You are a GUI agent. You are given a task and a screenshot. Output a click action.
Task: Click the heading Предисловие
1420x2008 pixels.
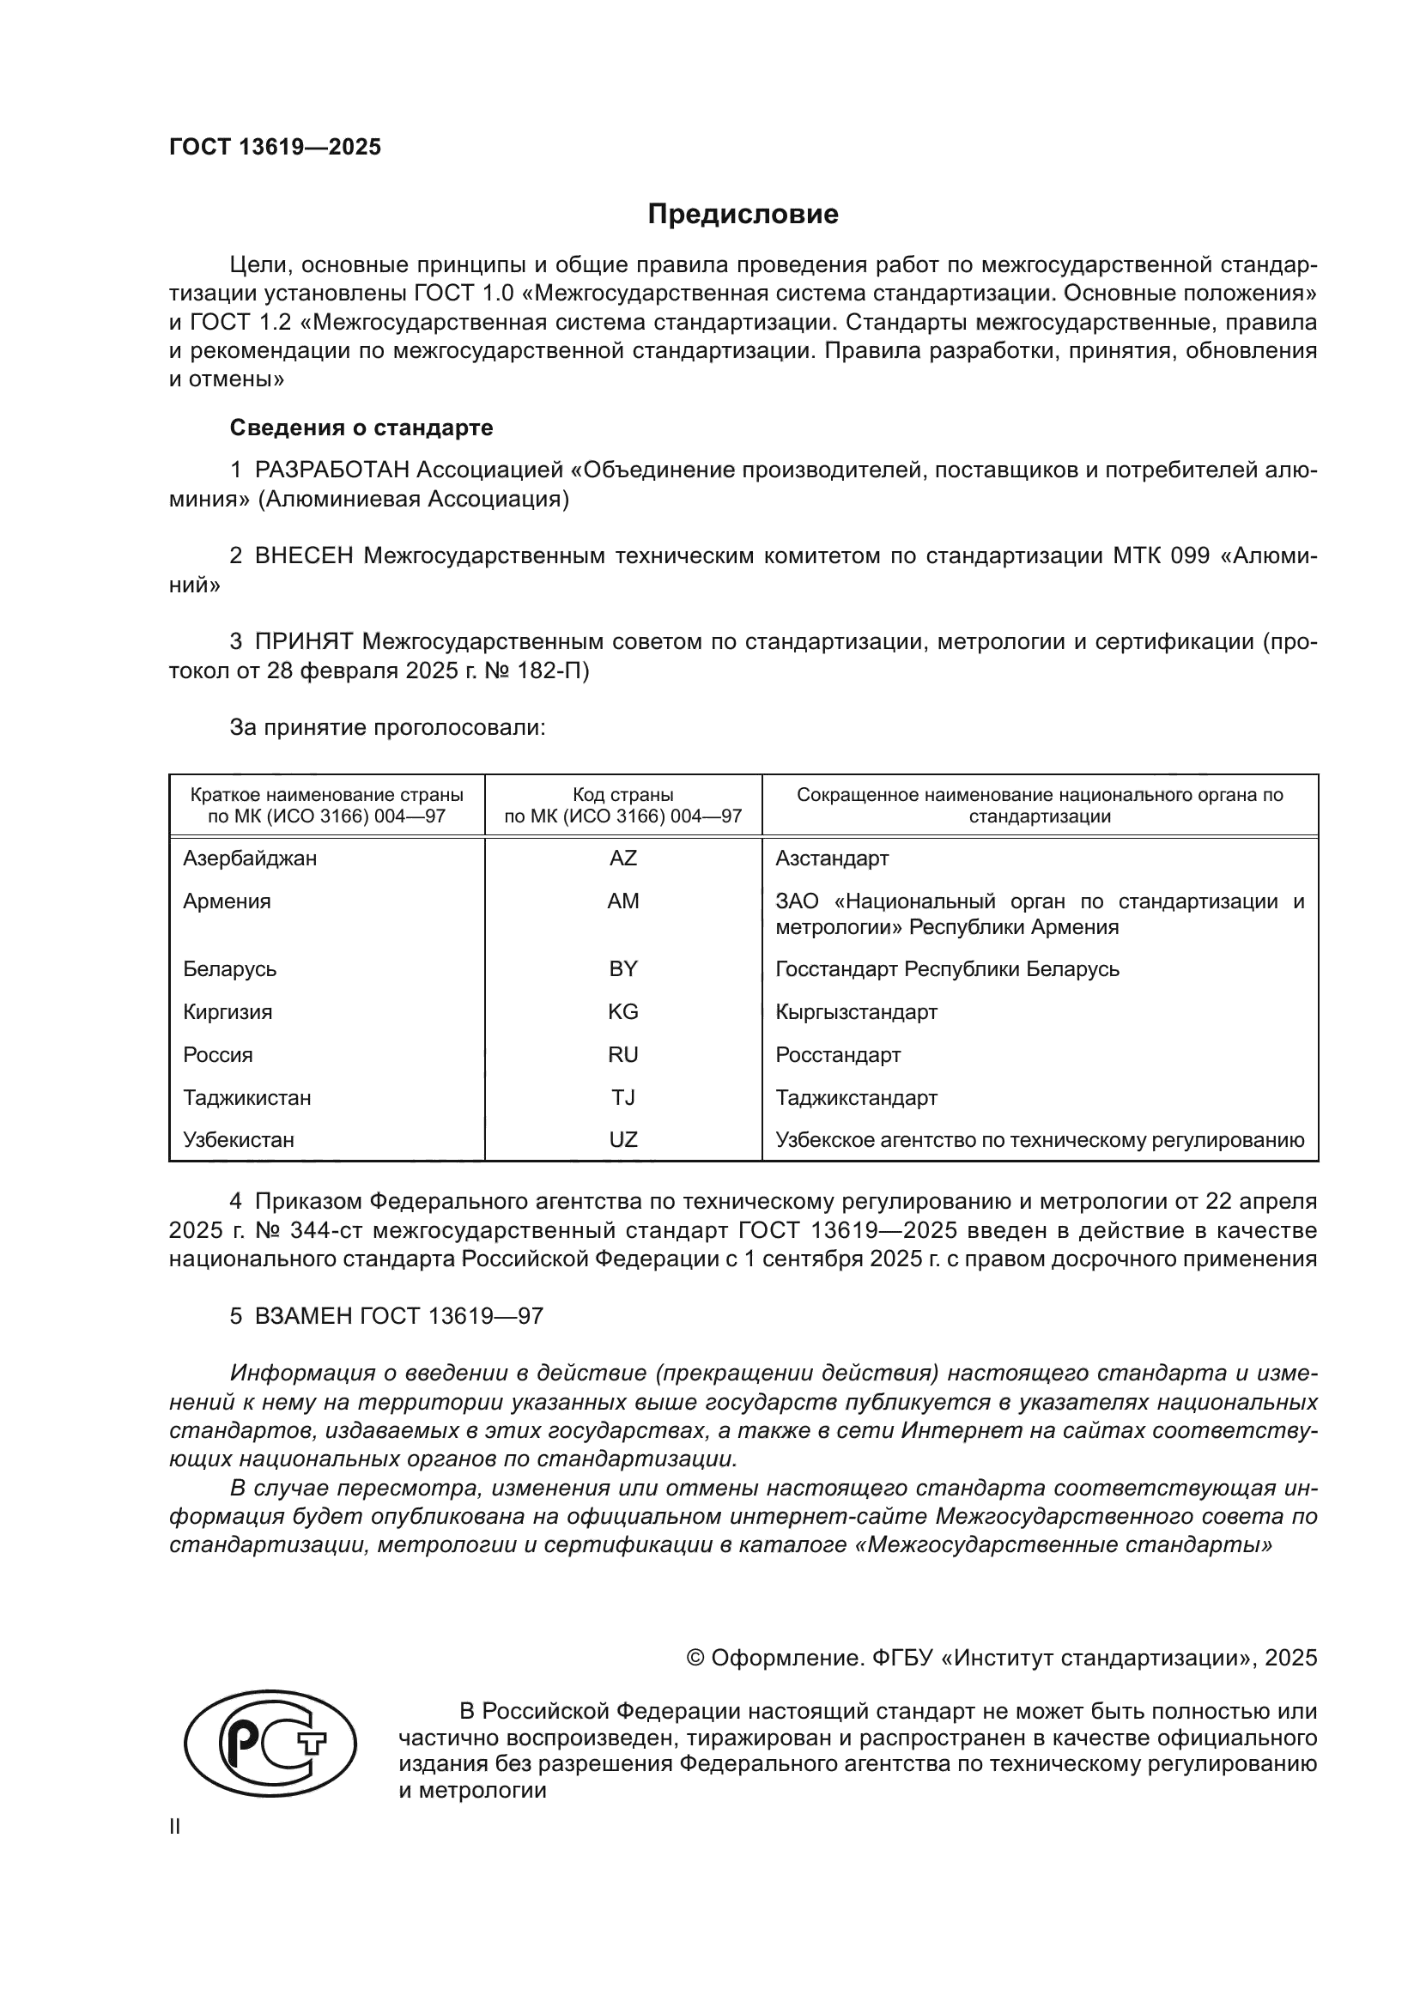pos(743,215)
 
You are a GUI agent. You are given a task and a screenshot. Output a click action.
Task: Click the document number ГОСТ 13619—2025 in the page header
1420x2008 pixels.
pos(276,147)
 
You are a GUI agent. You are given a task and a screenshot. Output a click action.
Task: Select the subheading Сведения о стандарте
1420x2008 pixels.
pos(361,428)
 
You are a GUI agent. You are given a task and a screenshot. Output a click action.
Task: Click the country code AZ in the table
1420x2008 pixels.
pos(622,858)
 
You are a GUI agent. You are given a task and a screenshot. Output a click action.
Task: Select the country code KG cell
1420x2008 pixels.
pos(622,1012)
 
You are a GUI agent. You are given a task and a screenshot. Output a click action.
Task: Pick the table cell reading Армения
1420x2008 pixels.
pos(228,901)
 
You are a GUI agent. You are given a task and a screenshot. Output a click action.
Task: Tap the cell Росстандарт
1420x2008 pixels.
pos(837,1055)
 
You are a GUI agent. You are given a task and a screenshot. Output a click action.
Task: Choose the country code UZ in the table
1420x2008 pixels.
pos(622,1139)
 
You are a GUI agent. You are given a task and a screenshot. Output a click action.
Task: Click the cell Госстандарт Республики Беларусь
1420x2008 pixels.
pos(946,969)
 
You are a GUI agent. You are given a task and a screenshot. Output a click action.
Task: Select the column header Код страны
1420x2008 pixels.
pos(622,795)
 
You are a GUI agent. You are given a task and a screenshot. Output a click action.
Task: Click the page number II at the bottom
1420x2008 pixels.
pos(175,1827)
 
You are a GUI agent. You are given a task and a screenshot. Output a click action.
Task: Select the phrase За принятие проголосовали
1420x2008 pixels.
pos(387,728)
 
